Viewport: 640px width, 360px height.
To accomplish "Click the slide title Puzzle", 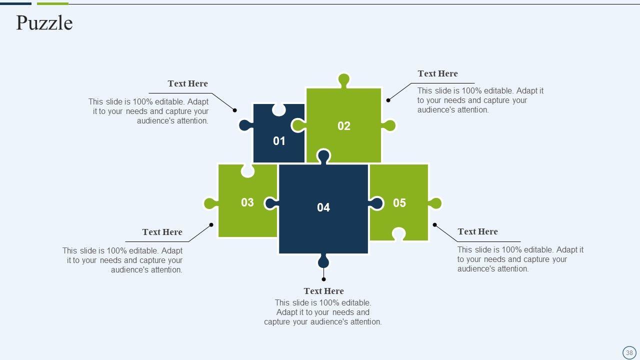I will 44,23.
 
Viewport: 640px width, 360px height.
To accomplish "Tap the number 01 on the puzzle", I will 279,141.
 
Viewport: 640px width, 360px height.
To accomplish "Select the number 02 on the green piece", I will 344,126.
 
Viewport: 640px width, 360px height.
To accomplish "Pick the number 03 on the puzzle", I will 247,202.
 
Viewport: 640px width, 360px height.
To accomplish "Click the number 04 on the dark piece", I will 323,207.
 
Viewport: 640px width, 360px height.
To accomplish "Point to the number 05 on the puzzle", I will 399,203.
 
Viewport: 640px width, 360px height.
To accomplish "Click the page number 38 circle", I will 629,352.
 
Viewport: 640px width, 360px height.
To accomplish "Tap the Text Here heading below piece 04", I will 323,291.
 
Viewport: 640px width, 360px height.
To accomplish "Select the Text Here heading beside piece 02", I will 437,73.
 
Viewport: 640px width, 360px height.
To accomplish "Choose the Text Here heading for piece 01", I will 187,83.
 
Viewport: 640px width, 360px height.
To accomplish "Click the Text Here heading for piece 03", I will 162,232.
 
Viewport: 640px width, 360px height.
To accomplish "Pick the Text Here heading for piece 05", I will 477,231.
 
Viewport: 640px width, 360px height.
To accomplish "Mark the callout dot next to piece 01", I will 235,110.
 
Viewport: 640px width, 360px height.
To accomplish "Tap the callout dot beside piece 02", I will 388,100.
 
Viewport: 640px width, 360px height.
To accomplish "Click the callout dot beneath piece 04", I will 323,279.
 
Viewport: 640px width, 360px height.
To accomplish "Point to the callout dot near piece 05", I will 434,225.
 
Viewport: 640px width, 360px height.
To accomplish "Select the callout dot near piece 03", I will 211,225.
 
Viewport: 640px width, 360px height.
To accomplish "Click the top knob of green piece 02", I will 344,79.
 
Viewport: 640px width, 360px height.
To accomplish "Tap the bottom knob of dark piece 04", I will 323,261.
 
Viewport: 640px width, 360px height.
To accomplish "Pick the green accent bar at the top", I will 52,3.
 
